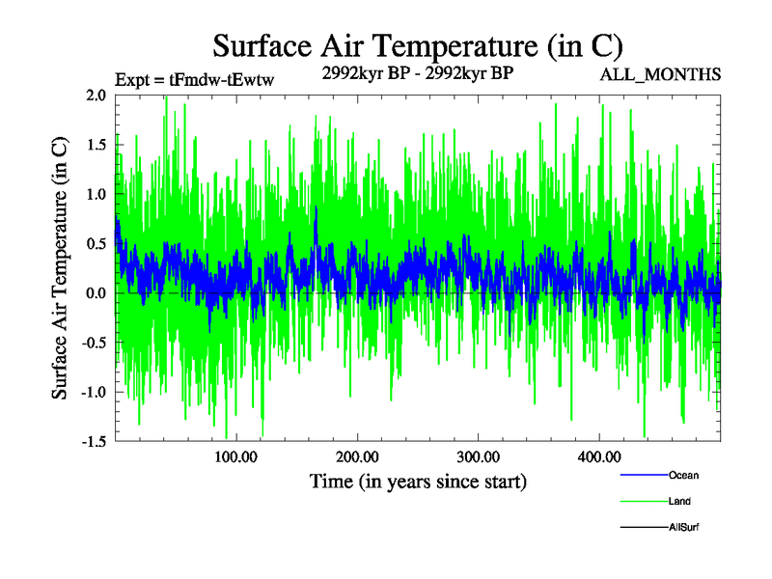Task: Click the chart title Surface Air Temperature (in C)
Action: click(418, 45)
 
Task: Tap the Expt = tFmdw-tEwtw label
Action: click(194, 81)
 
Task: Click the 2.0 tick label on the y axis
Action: click(96, 96)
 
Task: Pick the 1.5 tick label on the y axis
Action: click(96, 145)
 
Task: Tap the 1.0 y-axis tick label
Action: click(96, 194)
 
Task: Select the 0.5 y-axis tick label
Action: click(96, 243)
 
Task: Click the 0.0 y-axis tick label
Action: click(96, 292)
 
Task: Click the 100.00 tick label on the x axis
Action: click(236, 456)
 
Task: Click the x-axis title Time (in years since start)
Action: click(418, 481)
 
